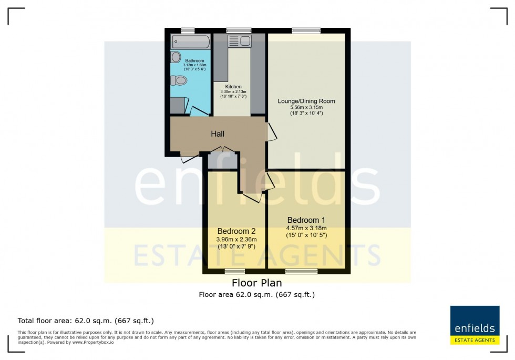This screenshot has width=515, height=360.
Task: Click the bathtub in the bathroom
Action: [190, 42]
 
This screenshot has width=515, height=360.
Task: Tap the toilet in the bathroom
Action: [179, 80]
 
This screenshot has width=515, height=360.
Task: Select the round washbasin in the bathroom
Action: [176, 57]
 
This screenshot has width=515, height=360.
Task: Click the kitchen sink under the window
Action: [239, 41]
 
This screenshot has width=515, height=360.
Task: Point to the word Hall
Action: [218, 134]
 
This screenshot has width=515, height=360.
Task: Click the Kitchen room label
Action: [233, 87]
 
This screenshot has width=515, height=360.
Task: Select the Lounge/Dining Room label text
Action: [306, 101]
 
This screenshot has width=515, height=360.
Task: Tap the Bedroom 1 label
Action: [306, 220]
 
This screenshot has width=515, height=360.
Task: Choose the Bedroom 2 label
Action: [236, 231]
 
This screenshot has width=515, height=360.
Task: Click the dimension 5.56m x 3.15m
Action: [306, 107]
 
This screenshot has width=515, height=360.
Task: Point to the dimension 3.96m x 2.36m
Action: [236, 239]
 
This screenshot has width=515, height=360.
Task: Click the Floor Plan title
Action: [256, 283]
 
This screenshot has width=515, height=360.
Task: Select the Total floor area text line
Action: [86, 321]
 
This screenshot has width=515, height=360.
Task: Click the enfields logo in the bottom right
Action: [473, 325]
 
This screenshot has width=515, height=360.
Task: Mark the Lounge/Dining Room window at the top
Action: [306, 30]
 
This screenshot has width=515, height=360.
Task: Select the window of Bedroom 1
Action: [301, 271]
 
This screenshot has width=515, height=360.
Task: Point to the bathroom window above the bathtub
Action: [184, 30]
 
